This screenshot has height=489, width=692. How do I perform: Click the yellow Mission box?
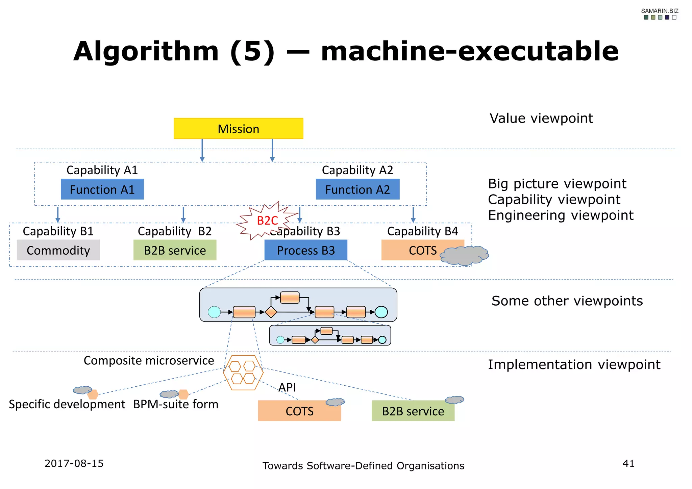pos(238,129)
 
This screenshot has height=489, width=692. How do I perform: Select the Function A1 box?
pos(102,189)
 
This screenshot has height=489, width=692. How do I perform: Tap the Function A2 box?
pos(357,189)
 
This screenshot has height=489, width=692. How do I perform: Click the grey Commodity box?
pos(58,250)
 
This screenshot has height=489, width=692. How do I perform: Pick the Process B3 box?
pos(306,250)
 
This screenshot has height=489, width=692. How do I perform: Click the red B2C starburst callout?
pos(267,221)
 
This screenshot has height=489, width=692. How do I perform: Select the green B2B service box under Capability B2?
pos(175,250)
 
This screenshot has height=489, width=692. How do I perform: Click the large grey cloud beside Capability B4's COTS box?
pos(465,256)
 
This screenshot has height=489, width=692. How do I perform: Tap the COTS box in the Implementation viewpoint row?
pos(299,411)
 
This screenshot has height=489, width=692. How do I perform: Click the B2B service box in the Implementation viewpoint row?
pos(413,411)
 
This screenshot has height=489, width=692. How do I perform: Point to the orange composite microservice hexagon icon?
pos(243,372)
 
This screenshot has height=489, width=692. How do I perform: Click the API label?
pos(287,387)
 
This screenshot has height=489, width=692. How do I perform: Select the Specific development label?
pos(67,404)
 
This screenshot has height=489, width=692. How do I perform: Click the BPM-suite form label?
pos(176,404)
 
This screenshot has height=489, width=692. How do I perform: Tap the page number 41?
pos(628,463)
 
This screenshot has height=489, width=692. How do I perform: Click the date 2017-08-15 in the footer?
pos(74,463)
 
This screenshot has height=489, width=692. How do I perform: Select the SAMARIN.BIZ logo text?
pos(660,11)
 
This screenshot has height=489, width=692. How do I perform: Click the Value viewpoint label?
pos(541,119)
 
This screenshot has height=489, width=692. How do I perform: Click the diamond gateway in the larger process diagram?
pos(271,312)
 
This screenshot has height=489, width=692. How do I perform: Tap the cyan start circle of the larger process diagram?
pos(214,312)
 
